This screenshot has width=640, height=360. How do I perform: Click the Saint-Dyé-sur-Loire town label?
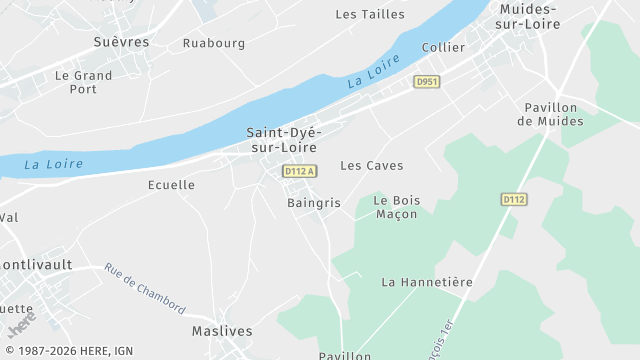click(x=282, y=140)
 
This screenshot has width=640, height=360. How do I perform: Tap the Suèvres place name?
click(x=120, y=42)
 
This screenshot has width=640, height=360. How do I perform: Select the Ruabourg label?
click(x=214, y=43)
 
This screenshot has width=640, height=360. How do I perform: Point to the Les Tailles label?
click(x=370, y=14)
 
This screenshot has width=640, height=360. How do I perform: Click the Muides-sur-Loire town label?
click(x=529, y=16)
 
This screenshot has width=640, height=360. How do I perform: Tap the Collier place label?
click(x=444, y=47)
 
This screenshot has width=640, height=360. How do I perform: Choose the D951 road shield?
click(x=428, y=82)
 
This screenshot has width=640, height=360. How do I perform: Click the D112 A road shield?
click(x=300, y=172)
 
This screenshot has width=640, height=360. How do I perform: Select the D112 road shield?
click(x=514, y=200)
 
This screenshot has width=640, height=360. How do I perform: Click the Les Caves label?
click(x=372, y=165)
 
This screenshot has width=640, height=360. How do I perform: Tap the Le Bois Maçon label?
click(x=397, y=207)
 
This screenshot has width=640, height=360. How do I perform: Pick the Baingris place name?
click(x=314, y=203)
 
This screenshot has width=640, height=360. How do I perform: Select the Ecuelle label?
click(x=171, y=185)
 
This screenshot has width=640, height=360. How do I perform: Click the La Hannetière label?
click(x=427, y=282)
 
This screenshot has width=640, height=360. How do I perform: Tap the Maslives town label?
click(x=222, y=330)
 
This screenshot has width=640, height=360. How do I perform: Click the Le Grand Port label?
click(x=84, y=82)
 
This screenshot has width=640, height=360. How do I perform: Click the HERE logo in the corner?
click(x=21, y=326)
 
